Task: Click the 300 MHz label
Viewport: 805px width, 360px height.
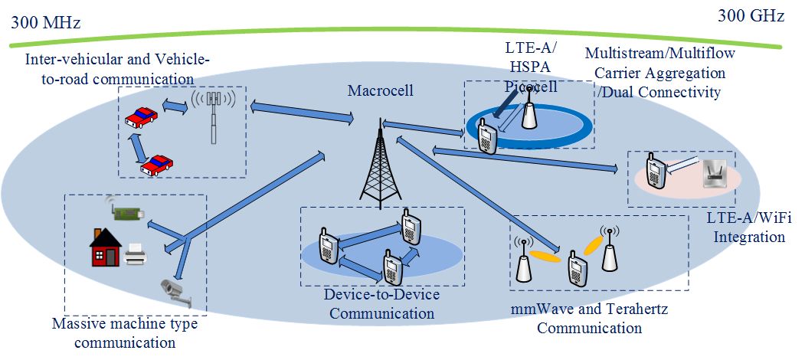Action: point(45,23)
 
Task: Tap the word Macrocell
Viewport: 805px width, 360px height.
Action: point(381,91)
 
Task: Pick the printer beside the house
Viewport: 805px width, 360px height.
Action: point(136,254)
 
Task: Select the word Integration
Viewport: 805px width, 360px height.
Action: point(749,237)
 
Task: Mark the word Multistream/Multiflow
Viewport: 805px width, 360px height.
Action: point(654,54)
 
